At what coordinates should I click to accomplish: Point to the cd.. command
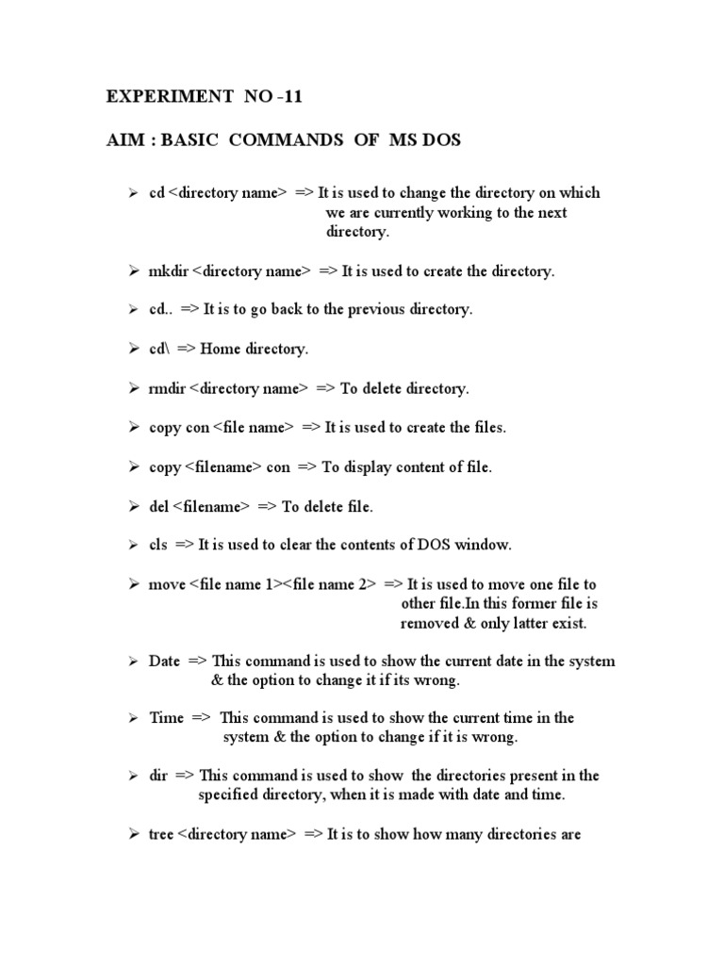pos(159,310)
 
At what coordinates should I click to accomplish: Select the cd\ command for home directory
pos(158,350)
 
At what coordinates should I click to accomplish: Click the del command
pos(158,507)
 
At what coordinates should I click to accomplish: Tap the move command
pos(167,585)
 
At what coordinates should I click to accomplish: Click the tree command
pos(161,835)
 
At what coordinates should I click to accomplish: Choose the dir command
pos(157,776)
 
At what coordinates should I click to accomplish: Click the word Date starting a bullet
pos(164,662)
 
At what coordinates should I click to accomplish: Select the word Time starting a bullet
pos(166,718)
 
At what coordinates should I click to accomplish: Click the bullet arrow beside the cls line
pos(134,546)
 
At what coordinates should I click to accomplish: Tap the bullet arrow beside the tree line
pos(134,835)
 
